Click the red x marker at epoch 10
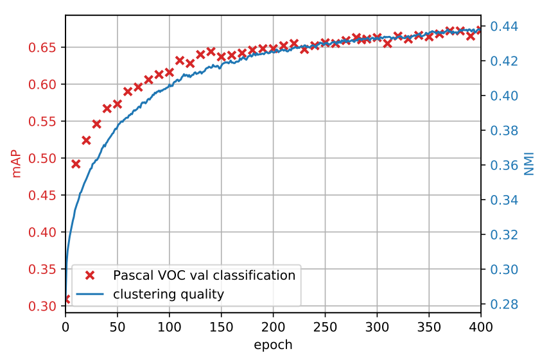tap(76, 164)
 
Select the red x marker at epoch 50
tap(118, 103)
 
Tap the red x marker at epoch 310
tap(388, 43)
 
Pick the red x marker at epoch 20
tap(86, 140)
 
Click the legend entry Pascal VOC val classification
tap(204, 275)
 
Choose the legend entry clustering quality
tap(168, 295)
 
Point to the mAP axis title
tap(16, 164)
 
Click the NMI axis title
tap(529, 164)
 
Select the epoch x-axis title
tap(273, 345)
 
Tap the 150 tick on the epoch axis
tap(222, 327)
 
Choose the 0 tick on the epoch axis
tap(65, 327)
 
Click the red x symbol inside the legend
tap(90, 275)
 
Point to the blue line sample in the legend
tap(90, 295)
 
